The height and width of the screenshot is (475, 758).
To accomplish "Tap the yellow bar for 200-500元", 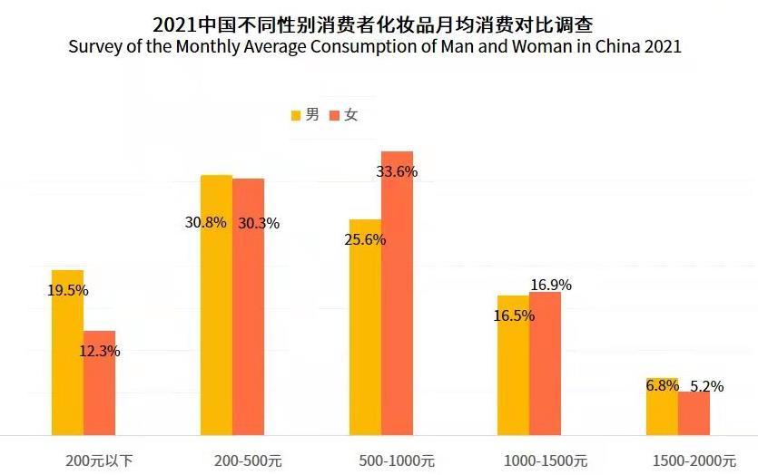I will pos(216,308).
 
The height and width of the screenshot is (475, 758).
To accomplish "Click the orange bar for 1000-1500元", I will pos(545,363).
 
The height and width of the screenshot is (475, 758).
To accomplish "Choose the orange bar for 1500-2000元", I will pos(694,412).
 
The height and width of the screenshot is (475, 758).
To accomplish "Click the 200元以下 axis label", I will pos(99,460).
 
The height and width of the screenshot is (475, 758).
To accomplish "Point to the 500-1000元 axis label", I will pos(396,460).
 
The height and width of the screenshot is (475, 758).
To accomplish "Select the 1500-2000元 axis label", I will pos(693,460).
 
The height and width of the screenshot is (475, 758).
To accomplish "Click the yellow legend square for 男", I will pos(296,115).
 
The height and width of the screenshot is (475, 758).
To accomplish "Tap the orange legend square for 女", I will pos(334,115).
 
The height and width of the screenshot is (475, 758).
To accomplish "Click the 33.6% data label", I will pos(396,171).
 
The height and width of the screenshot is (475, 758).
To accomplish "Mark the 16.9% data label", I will pos(551,285).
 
